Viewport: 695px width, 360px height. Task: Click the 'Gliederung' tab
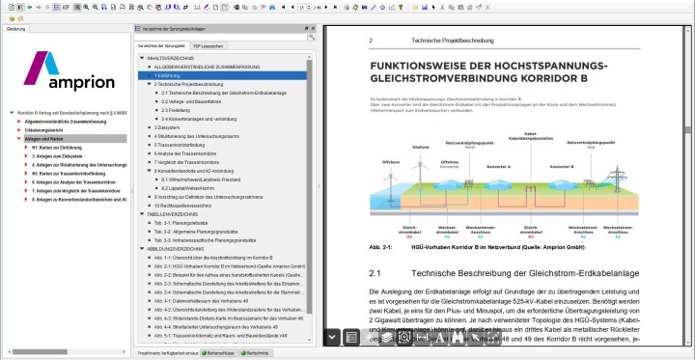click(x=16, y=29)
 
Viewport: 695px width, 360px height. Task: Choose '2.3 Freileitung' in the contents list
click(x=179, y=109)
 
